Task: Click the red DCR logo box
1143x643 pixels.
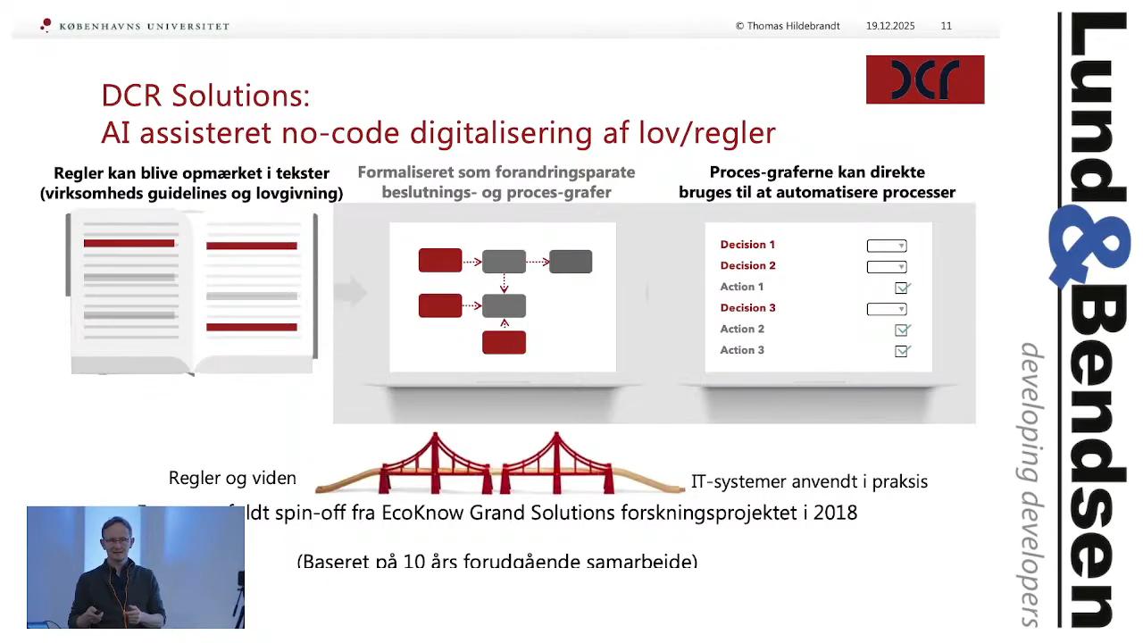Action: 925,79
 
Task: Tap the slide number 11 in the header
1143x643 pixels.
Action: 947,26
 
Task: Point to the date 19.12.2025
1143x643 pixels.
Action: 890,26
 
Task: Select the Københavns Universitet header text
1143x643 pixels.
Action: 144,27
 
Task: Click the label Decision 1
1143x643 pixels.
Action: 747,245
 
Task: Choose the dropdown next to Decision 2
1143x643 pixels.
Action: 887,266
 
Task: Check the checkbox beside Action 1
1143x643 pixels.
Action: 902,288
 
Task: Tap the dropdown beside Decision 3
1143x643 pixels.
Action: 887,309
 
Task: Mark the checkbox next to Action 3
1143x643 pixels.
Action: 902,351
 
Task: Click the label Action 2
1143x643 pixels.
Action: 742,330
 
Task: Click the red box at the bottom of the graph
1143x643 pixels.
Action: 504,342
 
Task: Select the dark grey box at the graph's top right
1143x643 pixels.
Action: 571,261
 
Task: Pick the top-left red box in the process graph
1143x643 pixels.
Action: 440,261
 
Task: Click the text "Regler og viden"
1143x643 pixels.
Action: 232,479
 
